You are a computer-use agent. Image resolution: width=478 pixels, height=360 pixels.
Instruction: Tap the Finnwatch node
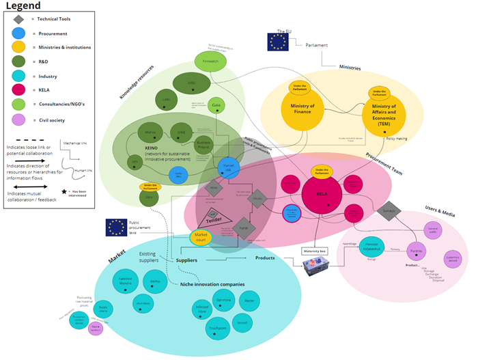(x=206, y=62)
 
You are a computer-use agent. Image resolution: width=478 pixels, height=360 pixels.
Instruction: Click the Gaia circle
(x=217, y=106)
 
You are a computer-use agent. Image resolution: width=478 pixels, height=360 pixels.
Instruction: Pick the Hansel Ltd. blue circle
(x=229, y=168)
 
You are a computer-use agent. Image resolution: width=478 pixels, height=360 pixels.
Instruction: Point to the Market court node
(x=201, y=237)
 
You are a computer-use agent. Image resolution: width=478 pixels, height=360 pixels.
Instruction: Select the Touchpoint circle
(x=218, y=328)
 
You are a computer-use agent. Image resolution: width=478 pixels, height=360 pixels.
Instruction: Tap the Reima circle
(x=156, y=279)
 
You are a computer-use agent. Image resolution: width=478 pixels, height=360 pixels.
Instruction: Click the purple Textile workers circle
(x=96, y=329)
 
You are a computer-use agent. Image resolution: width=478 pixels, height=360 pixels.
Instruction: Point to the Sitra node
(x=150, y=197)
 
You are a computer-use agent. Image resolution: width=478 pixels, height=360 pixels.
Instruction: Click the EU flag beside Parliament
(x=278, y=42)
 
